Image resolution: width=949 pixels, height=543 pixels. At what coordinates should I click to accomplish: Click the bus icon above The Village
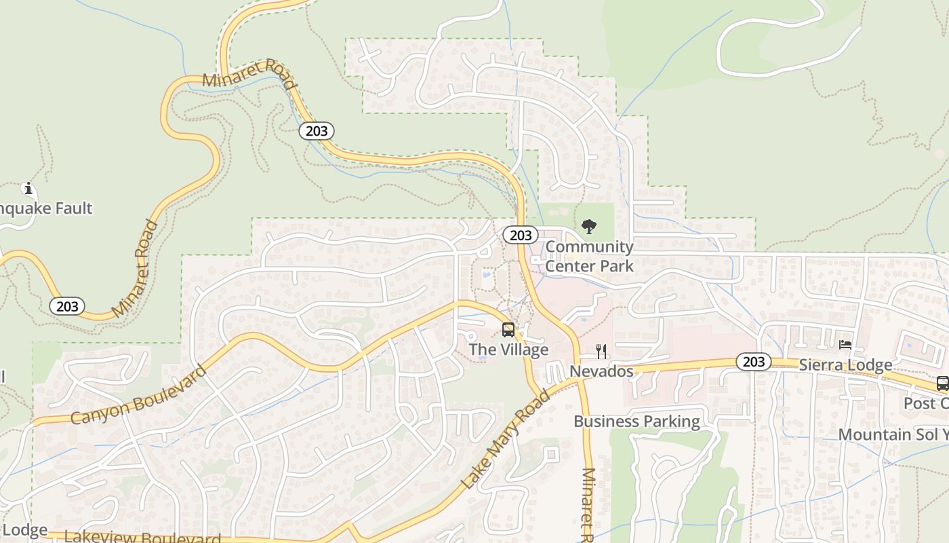508,331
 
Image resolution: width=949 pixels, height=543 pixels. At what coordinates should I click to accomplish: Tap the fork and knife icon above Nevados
601,351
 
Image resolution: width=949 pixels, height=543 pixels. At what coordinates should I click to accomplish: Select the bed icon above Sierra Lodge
845,345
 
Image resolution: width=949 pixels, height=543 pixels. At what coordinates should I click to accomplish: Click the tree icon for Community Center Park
589,227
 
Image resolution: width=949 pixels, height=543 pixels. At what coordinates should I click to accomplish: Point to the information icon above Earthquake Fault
28,189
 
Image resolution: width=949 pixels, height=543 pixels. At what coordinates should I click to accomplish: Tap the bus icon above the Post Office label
942,383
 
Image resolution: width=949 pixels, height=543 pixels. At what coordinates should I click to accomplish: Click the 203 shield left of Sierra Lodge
753,362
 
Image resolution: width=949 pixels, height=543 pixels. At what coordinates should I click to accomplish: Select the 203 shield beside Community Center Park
521,236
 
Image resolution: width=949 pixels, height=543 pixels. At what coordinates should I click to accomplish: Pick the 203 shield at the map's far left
67,306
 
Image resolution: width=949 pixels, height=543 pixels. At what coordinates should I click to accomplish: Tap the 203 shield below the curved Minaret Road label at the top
317,131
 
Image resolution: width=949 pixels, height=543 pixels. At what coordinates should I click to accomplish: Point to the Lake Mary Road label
505,439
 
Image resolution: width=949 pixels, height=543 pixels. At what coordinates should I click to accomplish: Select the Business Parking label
637,422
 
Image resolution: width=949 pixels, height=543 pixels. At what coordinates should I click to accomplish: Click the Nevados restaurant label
601,371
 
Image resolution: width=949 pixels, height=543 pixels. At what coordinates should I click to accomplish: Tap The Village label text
508,350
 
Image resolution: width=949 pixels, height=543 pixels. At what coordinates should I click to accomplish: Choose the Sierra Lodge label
845,365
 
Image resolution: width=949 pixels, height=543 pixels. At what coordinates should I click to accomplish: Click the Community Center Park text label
589,257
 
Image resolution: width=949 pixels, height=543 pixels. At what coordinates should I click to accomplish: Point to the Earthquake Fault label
46,208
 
